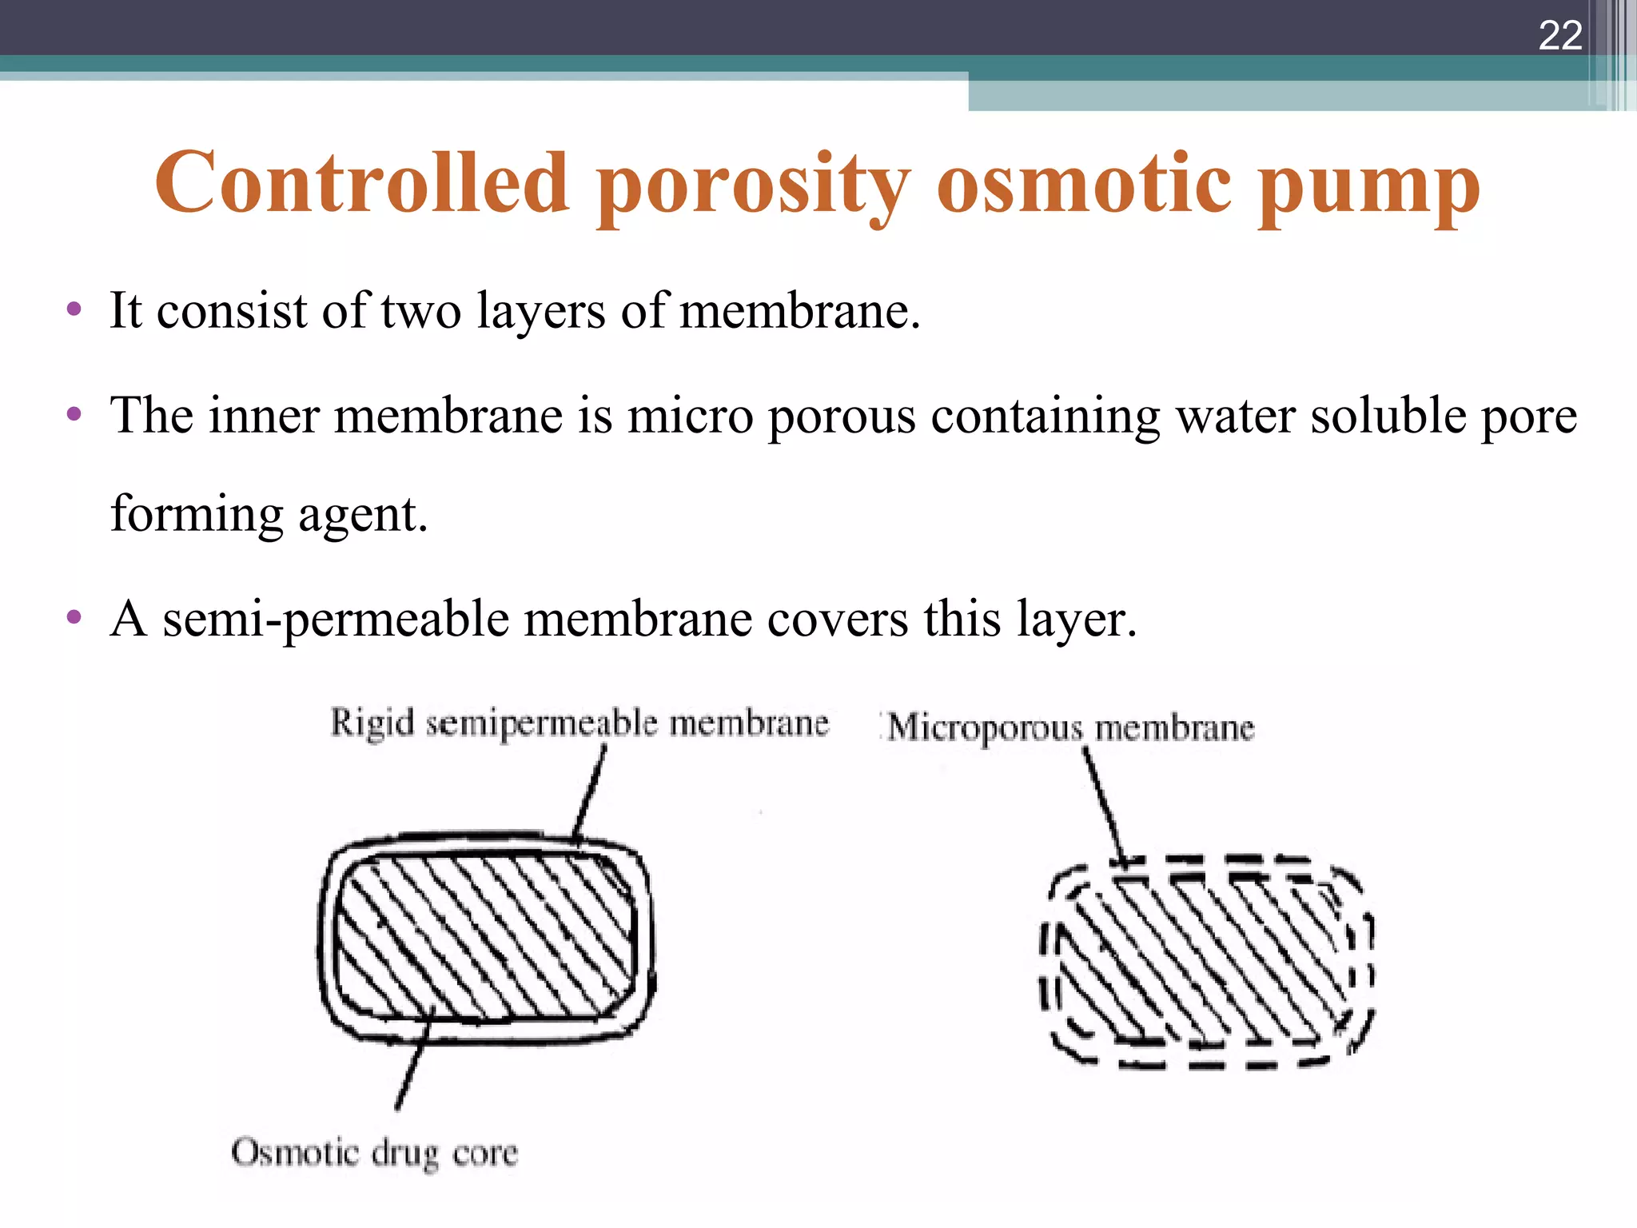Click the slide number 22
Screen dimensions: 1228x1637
pos(1559,36)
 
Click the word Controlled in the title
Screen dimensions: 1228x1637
pos(361,184)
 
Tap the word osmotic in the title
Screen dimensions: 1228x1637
pos(1084,184)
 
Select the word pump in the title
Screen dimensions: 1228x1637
pos(1368,188)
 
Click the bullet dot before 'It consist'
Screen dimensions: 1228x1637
pos(74,310)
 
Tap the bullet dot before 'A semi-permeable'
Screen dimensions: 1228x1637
pos(74,617)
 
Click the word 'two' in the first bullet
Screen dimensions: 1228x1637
pos(421,311)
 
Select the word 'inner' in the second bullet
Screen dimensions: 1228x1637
pos(263,416)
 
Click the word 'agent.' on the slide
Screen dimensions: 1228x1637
pos(363,516)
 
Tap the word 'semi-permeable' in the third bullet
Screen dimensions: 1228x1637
pos(336,620)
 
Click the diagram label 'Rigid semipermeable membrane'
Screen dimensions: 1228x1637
pos(580,724)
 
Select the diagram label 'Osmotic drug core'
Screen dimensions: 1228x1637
pos(374,1154)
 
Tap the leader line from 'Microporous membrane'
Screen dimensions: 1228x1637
pos(1104,807)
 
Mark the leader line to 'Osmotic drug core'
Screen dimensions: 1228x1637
pos(413,1059)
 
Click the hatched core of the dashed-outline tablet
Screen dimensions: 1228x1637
pos(1207,959)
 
